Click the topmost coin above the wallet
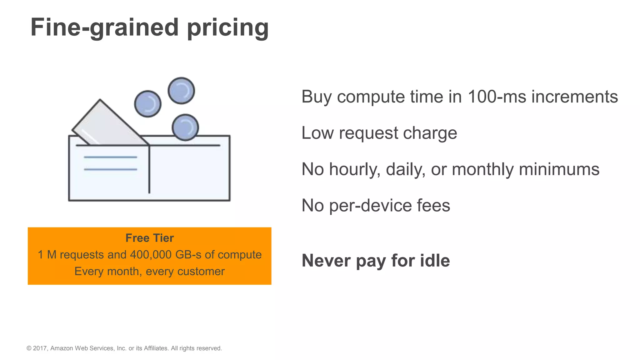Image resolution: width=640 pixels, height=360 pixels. (181, 91)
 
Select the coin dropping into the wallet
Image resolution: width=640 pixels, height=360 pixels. (185, 127)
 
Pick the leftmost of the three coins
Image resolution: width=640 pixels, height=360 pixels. (148, 104)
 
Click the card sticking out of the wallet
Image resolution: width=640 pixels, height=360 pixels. (106, 125)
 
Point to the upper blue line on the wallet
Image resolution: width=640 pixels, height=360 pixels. (110, 157)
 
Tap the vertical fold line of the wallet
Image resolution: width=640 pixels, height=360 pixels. (149, 170)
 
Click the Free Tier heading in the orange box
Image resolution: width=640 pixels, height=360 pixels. (149, 238)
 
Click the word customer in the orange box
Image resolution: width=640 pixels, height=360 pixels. (201, 271)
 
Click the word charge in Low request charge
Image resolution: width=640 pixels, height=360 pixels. (430, 133)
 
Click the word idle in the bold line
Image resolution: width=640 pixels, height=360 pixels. (435, 260)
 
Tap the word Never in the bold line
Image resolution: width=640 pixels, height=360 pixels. (326, 261)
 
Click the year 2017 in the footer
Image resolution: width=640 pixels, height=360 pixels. (40, 348)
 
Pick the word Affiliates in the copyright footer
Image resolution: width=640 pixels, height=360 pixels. (156, 348)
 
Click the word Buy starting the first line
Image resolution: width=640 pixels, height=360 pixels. (316, 97)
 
